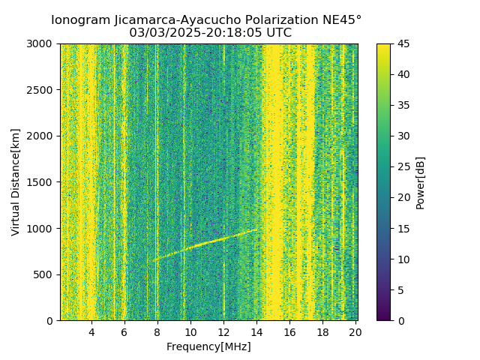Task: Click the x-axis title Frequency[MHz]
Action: (x=208, y=346)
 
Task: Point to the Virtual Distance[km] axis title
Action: (x=16, y=182)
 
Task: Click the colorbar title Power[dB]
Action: (x=421, y=182)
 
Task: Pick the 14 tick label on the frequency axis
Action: (x=256, y=332)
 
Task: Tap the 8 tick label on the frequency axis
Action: (x=157, y=332)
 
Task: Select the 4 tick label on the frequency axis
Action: (x=91, y=332)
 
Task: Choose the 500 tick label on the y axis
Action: (x=46, y=274)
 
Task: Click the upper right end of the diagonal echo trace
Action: (x=256, y=230)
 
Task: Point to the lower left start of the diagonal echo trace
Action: (x=152, y=261)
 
